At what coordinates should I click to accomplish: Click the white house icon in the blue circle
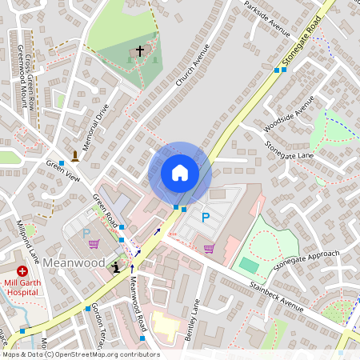pos(179,172)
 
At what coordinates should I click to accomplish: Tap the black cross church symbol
pos(140,51)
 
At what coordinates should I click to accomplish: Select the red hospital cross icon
pos(22,271)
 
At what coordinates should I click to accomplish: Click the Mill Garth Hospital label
pos(23,286)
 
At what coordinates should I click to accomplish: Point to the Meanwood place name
pos(74,262)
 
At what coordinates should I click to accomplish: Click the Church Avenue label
pos(190,65)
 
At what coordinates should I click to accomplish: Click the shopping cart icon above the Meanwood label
pos(94,244)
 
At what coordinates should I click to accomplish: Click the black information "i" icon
pos(118,269)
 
